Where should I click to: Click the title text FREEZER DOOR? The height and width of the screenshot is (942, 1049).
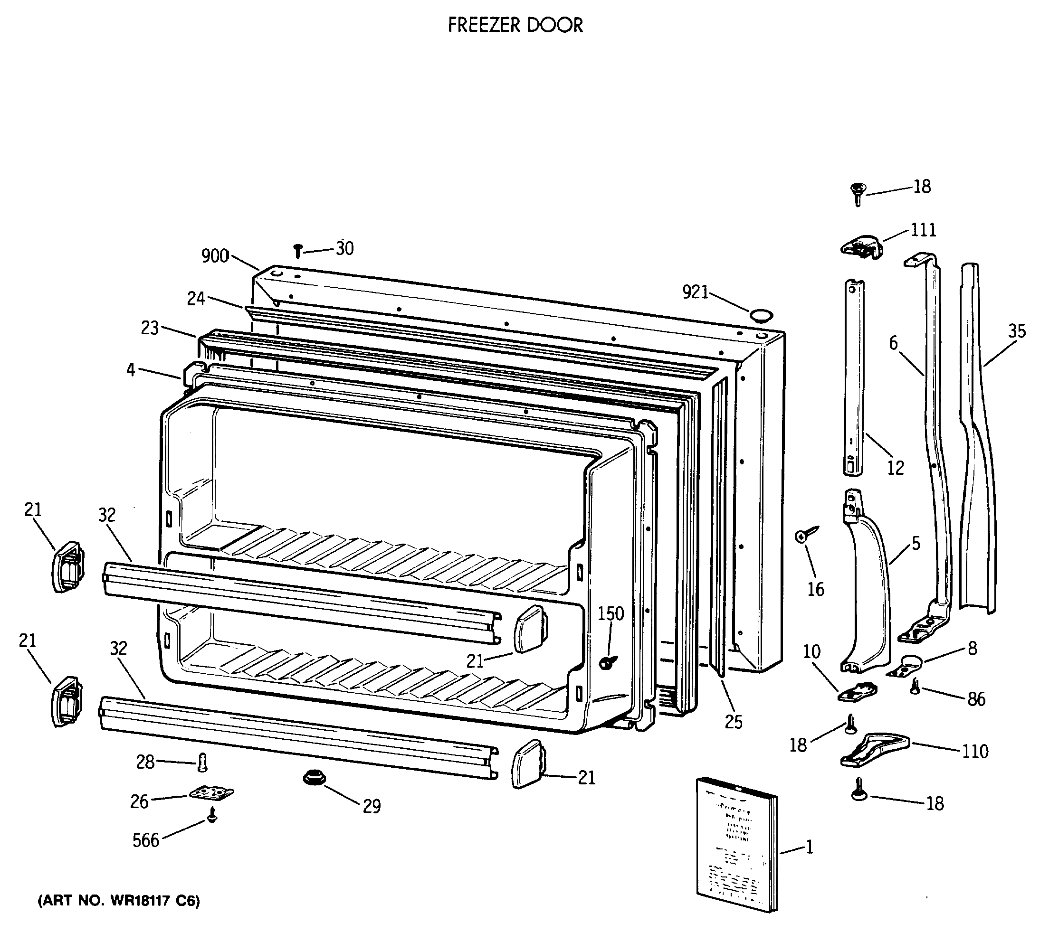point(515,25)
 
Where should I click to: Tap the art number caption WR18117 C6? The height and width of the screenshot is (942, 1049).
point(119,901)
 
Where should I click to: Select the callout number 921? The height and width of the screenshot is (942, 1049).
point(696,292)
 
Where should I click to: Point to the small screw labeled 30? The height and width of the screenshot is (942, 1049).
point(298,251)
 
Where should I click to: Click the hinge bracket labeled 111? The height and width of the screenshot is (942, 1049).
point(860,247)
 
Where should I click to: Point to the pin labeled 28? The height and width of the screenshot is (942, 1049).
point(202,762)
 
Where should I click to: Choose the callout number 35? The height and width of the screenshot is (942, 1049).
point(1016,331)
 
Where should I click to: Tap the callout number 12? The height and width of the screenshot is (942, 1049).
point(895,467)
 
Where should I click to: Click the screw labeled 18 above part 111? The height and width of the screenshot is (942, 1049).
point(858,194)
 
